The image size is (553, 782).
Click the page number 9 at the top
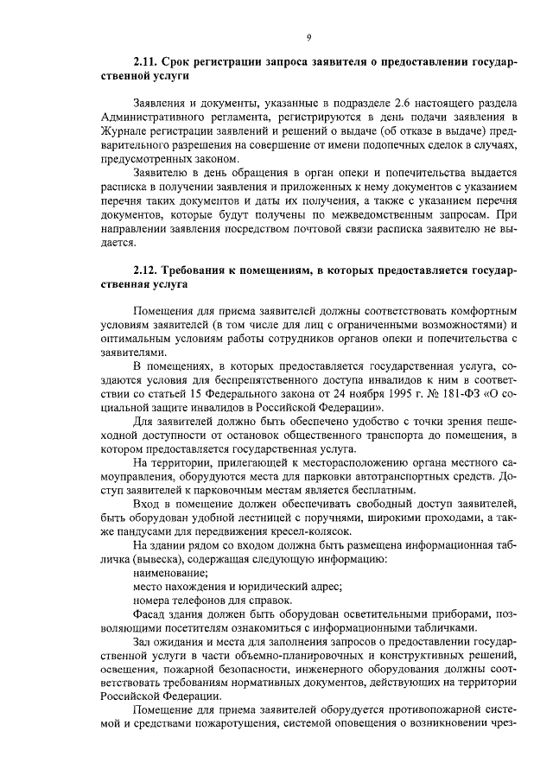[x=308, y=36]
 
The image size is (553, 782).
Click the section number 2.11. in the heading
[x=148, y=62]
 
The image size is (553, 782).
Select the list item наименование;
[x=170, y=574]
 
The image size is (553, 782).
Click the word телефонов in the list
[x=193, y=601]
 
